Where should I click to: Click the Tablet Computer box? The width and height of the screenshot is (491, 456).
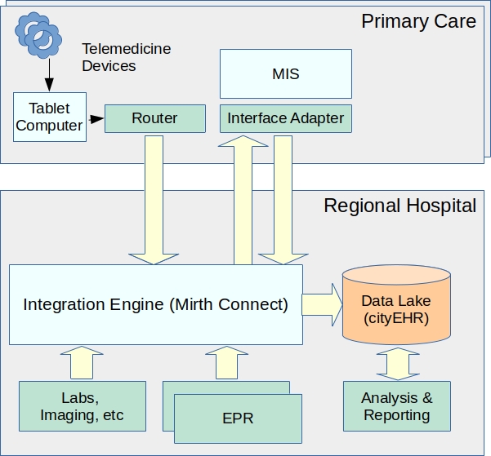click(x=50, y=117)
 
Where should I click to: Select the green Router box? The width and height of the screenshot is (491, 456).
click(x=154, y=118)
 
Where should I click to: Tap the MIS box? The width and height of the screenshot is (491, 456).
click(x=285, y=74)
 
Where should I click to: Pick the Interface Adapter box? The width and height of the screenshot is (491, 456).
click(x=285, y=118)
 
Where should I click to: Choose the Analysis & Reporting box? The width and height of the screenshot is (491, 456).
click(x=397, y=406)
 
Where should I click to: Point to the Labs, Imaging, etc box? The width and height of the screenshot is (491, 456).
click(x=82, y=406)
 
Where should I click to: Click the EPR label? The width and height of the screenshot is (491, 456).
click(x=238, y=418)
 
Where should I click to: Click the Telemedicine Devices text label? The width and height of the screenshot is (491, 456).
click(x=127, y=57)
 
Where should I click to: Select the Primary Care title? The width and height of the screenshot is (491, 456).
click(x=418, y=21)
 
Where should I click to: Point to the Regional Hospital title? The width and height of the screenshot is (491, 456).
click(x=399, y=205)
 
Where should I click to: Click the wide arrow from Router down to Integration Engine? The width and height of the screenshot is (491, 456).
click(x=154, y=200)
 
